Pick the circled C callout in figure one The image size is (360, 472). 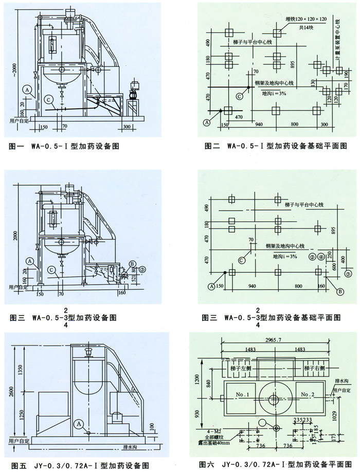tap(48, 99)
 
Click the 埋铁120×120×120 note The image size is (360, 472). tap(305, 19)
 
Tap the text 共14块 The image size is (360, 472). tap(306, 27)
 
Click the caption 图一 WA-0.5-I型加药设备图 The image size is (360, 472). tap(65, 146)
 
